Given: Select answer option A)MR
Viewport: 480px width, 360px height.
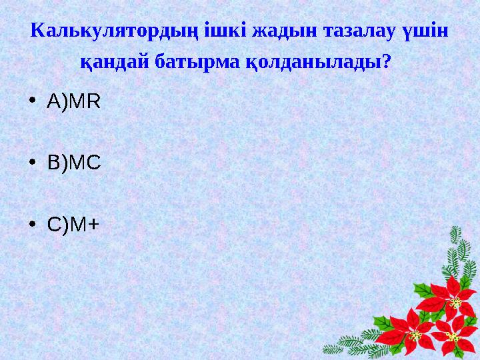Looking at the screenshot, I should [73, 102].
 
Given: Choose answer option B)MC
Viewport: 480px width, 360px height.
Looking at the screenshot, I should [73, 163].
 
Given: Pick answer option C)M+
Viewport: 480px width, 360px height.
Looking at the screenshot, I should [73, 225].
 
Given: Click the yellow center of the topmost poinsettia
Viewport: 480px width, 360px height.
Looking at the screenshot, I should [456, 303].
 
